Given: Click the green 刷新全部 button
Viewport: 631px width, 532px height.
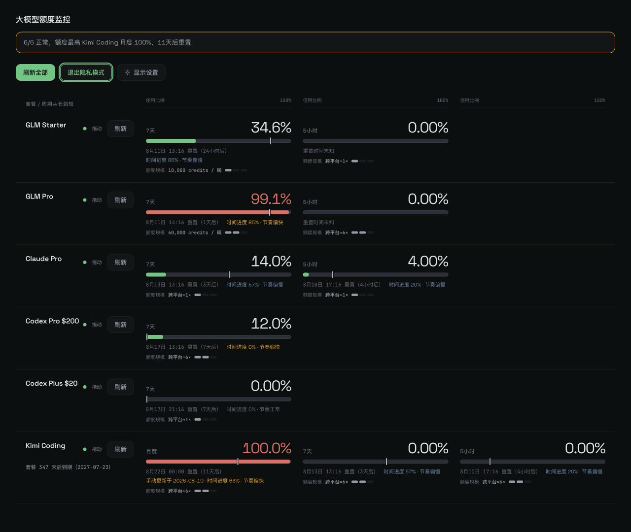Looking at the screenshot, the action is coord(35,72).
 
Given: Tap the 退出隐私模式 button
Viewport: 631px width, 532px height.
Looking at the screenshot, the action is coord(86,72).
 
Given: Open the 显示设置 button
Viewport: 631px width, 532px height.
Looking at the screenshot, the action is coord(141,72).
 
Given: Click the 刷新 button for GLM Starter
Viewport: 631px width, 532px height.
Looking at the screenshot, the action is coord(120,129).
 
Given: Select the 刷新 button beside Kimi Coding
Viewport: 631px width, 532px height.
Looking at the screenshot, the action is coord(120,449).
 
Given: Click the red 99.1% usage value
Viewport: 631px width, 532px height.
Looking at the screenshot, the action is coord(271,199).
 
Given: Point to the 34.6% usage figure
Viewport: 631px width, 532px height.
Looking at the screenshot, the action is coord(271,128).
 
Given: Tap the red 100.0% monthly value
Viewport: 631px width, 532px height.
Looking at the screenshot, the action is coord(267,448).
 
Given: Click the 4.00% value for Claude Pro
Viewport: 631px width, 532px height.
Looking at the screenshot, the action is coord(428,262).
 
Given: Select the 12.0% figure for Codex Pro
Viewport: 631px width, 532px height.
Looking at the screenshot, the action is coord(271,324).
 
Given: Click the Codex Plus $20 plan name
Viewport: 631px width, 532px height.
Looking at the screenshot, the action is coord(51,383).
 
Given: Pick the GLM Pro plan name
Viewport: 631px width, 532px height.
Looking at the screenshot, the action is coord(39,197).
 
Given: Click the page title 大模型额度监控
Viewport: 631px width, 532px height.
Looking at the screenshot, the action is coord(43,20).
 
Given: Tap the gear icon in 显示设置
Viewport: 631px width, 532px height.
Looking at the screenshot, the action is coord(128,72).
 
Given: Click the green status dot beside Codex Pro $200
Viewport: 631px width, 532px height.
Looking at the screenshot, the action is coord(85,325).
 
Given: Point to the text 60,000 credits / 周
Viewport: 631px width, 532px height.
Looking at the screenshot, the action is coord(195,233).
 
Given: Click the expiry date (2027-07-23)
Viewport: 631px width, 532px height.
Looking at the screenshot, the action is coord(93,467).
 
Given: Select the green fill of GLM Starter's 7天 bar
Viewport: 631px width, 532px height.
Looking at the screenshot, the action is coord(171,141).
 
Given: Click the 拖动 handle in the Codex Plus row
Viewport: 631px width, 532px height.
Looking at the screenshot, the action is coord(97,387).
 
